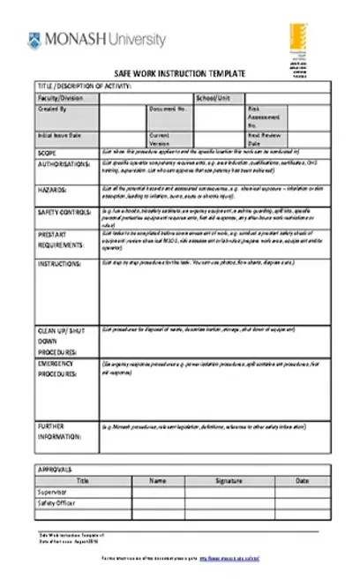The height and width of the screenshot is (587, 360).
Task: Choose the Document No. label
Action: coord(168,109)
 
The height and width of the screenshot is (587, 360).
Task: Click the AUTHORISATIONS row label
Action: coord(64,164)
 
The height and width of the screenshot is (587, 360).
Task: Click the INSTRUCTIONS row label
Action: coord(60,263)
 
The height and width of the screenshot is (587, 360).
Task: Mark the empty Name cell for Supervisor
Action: coord(157,492)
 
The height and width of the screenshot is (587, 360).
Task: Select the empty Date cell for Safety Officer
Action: coord(302,502)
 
